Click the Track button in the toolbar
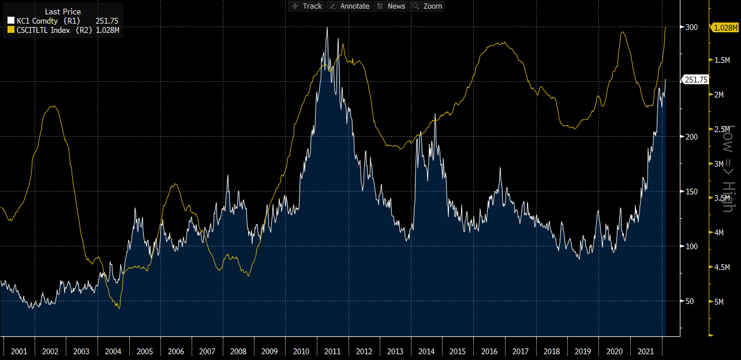point(307,6)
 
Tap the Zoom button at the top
point(427,6)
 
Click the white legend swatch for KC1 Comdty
point(11,21)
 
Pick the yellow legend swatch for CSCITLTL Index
point(11,31)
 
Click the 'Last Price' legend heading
point(63,12)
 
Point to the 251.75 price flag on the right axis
point(695,80)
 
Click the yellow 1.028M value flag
point(725,27)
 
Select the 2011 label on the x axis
point(333,351)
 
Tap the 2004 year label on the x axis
point(113,351)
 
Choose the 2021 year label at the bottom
point(646,351)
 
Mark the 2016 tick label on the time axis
point(489,351)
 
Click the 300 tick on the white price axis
point(691,27)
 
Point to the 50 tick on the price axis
point(690,301)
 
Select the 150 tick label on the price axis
point(691,192)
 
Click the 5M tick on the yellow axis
point(720,301)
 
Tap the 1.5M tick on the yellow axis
point(722,61)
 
